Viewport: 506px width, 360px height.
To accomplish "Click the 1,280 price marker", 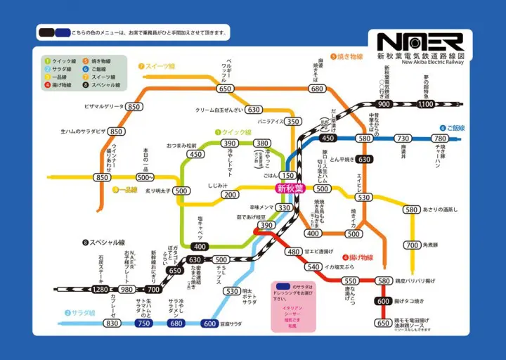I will [100, 289].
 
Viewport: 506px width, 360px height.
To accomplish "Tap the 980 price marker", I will [126, 289].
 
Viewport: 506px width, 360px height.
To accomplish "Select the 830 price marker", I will [112, 323].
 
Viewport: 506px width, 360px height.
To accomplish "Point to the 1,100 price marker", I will [426, 104].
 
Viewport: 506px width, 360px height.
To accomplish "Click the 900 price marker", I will [384, 104].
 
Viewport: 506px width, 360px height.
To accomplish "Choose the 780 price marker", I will [441, 139].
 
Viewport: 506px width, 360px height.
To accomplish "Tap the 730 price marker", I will [403, 139].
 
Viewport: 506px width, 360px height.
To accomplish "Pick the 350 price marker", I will [292, 121].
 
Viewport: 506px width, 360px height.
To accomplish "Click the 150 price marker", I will [287, 175].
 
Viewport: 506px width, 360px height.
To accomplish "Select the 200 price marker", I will [230, 195].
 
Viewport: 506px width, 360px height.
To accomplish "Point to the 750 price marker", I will [143, 323].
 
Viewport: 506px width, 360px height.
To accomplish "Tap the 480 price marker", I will [294, 252].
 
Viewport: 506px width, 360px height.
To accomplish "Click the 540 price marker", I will [313, 266].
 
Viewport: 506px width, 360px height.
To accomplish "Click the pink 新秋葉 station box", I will [290, 188].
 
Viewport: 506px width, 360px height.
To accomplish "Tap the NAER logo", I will [420, 41].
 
